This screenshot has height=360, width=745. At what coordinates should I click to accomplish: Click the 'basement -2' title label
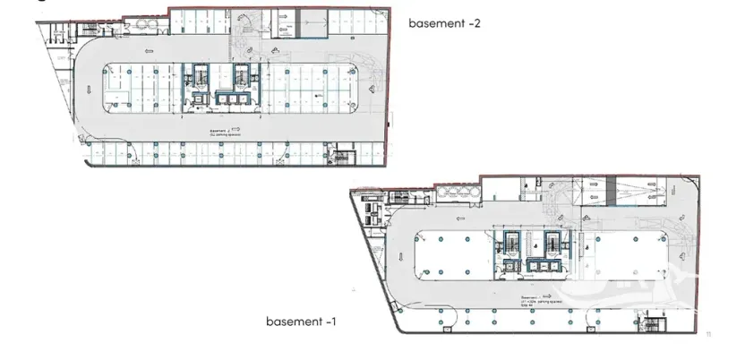pyautogui.click(x=444, y=23)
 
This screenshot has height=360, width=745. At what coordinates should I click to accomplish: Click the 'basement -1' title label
pyautogui.click(x=301, y=320)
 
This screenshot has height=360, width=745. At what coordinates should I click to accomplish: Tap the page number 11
pyautogui.click(x=708, y=334)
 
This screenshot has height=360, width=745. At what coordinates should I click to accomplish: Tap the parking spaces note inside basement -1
pyautogui.click(x=535, y=302)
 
